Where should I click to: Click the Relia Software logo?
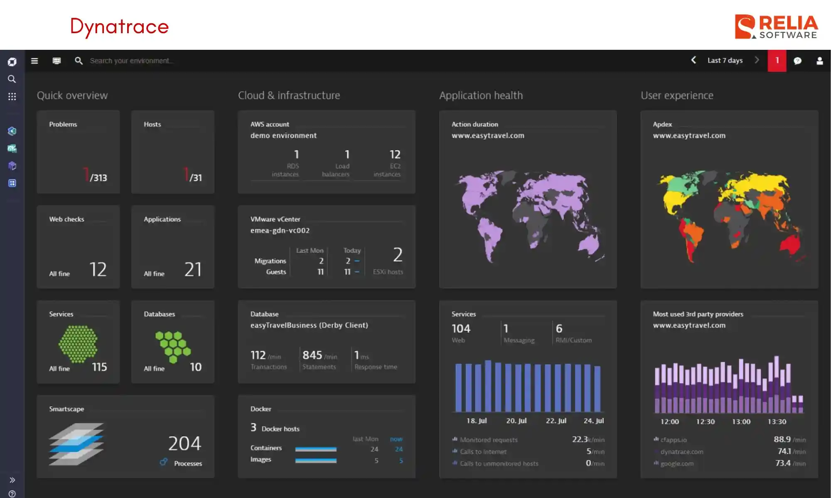coord(776,27)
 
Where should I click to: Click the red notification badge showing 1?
coord(777,61)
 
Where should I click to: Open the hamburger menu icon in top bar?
coord(34,61)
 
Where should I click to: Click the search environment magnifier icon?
coord(79,61)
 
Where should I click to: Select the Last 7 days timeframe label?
coord(725,61)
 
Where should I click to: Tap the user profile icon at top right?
coord(819,61)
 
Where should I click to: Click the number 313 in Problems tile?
coord(99,178)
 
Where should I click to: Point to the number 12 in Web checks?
coord(98,269)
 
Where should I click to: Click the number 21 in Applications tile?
coord(193,269)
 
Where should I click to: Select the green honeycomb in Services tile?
coord(78,344)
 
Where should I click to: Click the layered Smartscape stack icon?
coord(76,444)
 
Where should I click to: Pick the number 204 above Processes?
coord(184,443)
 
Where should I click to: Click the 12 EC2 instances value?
coord(395,155)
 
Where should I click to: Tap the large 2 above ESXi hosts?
coord(398,254)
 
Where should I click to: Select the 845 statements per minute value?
coord(312,355)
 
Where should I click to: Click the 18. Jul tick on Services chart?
coord(476,421)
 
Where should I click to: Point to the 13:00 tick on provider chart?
coord(741,422)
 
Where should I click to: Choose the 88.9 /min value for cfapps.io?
coord(782,439)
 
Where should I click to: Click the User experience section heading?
coord(677,95)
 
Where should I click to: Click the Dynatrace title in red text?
coord(119,27)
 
